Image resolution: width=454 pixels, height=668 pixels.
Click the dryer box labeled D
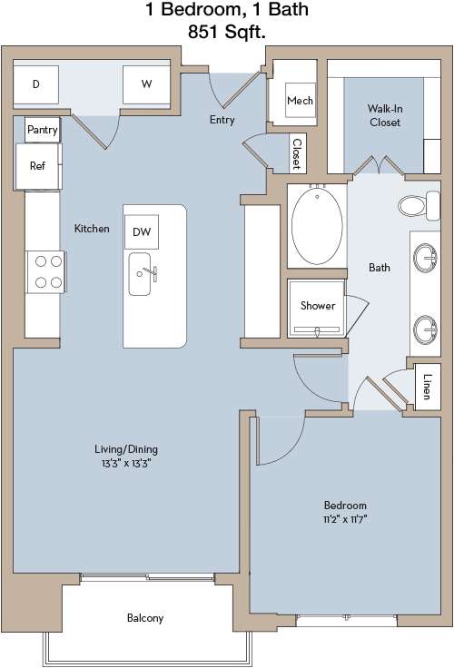(35, 84)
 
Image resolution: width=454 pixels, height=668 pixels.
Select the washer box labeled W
(147, 84)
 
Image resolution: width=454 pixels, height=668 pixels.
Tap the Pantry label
(42, 130)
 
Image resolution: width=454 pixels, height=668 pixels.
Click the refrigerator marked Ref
(37, 166)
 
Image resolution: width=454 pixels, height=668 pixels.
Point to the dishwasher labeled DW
(142, 231)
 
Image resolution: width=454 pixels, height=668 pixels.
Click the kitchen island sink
(140, 274)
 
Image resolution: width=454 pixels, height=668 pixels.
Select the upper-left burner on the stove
(41, 261)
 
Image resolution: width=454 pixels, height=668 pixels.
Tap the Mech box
(301, 101)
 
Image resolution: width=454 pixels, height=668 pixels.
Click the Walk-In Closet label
(385, 115)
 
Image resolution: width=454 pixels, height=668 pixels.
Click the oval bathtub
(317, 226)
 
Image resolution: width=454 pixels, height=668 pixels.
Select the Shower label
(318, 306)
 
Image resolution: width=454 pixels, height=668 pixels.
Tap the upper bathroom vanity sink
(426, 258)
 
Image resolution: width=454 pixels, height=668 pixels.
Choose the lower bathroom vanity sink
(426, 329)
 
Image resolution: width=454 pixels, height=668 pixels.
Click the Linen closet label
(427, 387)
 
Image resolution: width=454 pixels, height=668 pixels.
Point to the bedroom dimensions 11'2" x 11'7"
(345, 519)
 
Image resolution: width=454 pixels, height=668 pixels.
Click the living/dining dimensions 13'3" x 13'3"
(126, 463)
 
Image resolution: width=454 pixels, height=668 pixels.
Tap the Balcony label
(145, 618)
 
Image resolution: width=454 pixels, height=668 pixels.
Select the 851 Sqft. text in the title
(227, 32)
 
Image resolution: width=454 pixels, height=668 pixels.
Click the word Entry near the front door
(222, 120)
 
